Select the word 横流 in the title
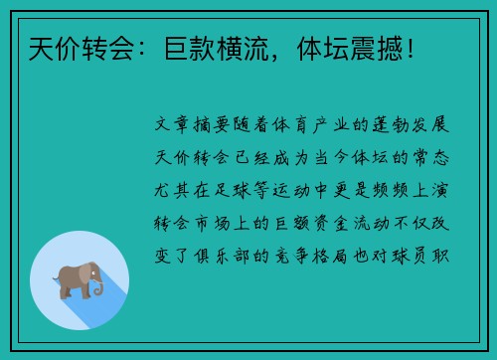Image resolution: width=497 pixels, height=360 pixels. [x=243, y=46]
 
